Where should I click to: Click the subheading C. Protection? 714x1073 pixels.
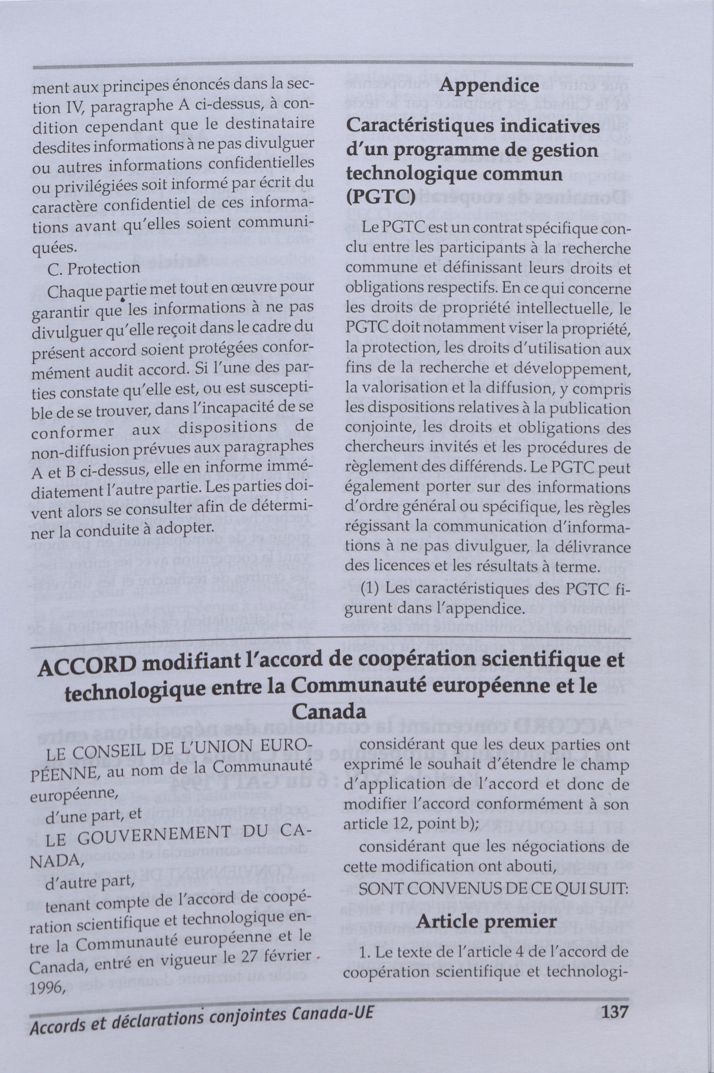pyautogui.click(x=94, y=268)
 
